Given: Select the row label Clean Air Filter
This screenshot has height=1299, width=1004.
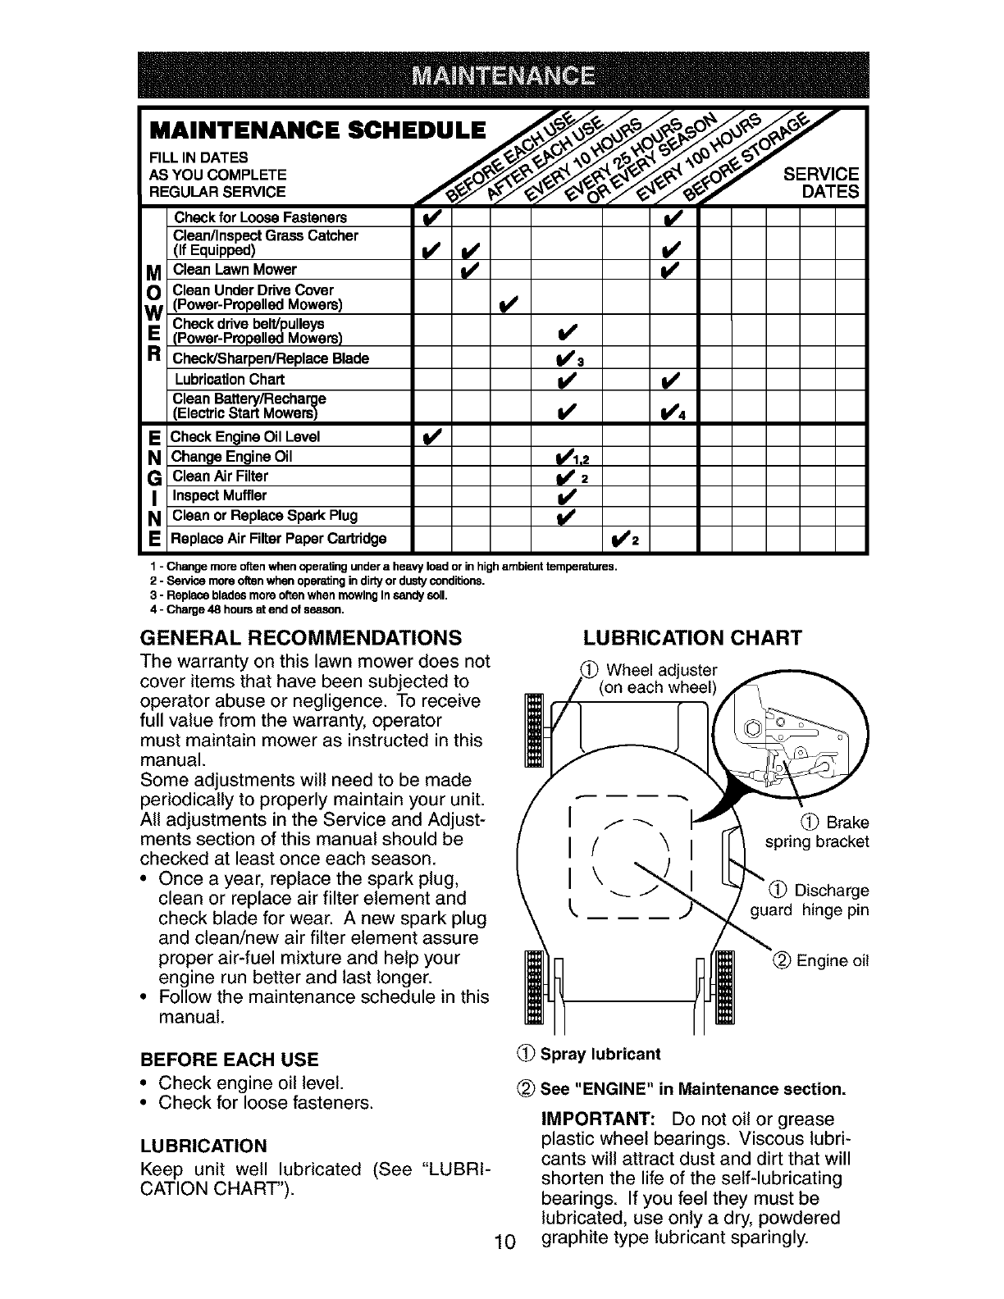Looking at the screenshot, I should coord(220,476).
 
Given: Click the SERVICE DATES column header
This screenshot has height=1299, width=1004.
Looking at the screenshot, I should coord(821,183).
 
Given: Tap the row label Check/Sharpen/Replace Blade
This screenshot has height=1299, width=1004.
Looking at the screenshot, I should coord(270,358).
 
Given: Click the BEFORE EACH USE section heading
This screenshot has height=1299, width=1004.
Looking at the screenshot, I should coord(230,1059).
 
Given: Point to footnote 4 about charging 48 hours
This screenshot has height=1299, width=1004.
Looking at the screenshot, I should coord(246,610).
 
